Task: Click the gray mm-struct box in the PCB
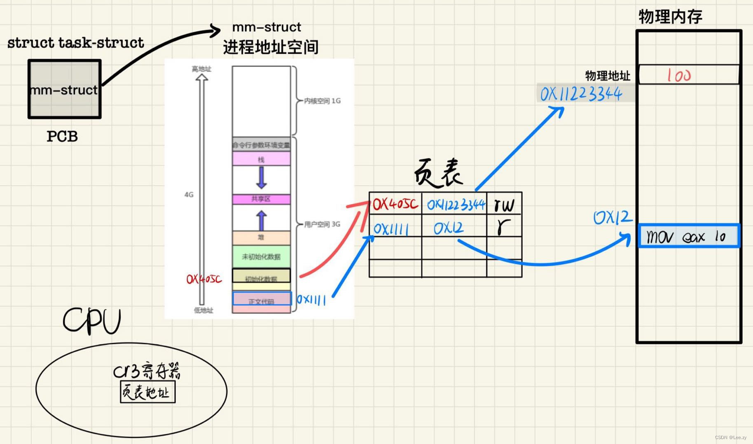pyautogui.click(x=65, y=89)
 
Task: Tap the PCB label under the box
pyautogui.click(x=62, y=137)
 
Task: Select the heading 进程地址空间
pyautogui.click(x=271, y=47)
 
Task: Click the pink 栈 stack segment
pyautogui.click(x=261, y=159)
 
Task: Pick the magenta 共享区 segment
pyautogui.click(x=261, y=199)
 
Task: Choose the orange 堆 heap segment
pyautogui.click(x=261, y=237)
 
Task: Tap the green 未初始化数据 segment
pyautogui.click(x=261, y=257)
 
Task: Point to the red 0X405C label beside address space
pyautogui.click(x=204, y=279)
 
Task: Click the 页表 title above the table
pyautogui.click(x=438, y=173)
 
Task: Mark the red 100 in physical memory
pyautogui.click(x=678, y=75)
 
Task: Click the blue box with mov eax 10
pyautogui.click(x=688, y=236)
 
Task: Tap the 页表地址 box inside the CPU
pyautogui.click(x=147, y=392)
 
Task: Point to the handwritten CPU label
pyautogui.click(x=92, y=321)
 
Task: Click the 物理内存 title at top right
pyautogui.click(x=670, y=16)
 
